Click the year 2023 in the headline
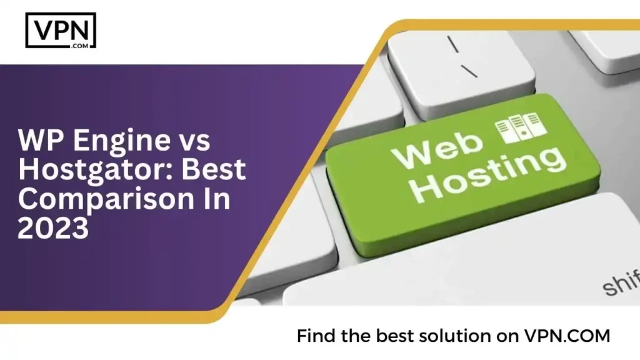click(54, 229)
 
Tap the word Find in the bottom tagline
click(316, 336)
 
